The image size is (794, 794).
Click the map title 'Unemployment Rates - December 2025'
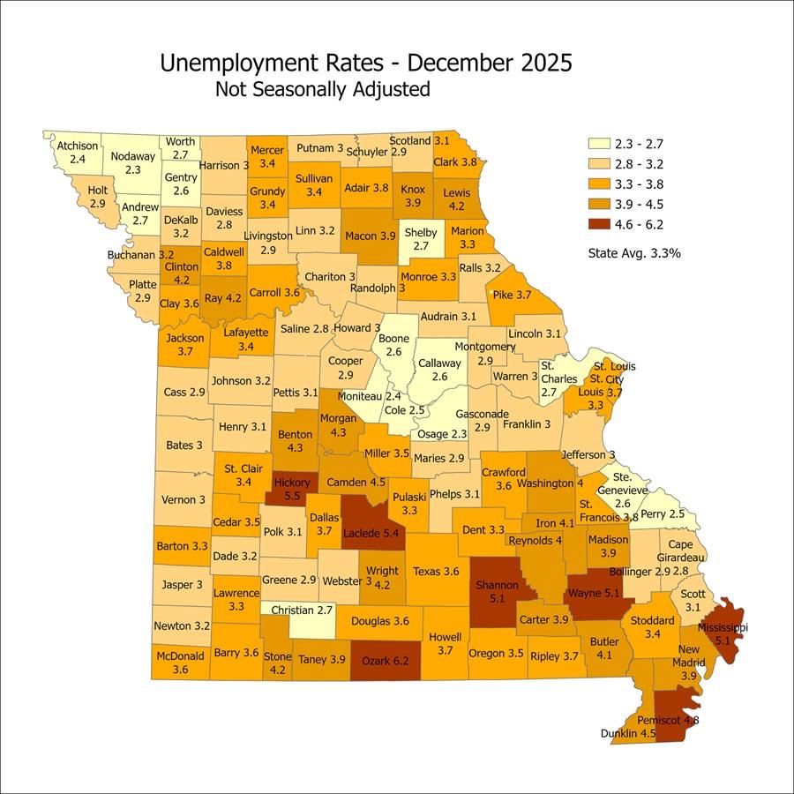365,64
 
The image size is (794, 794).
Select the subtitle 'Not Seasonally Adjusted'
322,89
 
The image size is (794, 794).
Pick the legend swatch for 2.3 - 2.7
599,143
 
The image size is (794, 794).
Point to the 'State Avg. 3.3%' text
634,253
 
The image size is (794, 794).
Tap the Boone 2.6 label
393,345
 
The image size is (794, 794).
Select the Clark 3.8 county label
456,162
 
